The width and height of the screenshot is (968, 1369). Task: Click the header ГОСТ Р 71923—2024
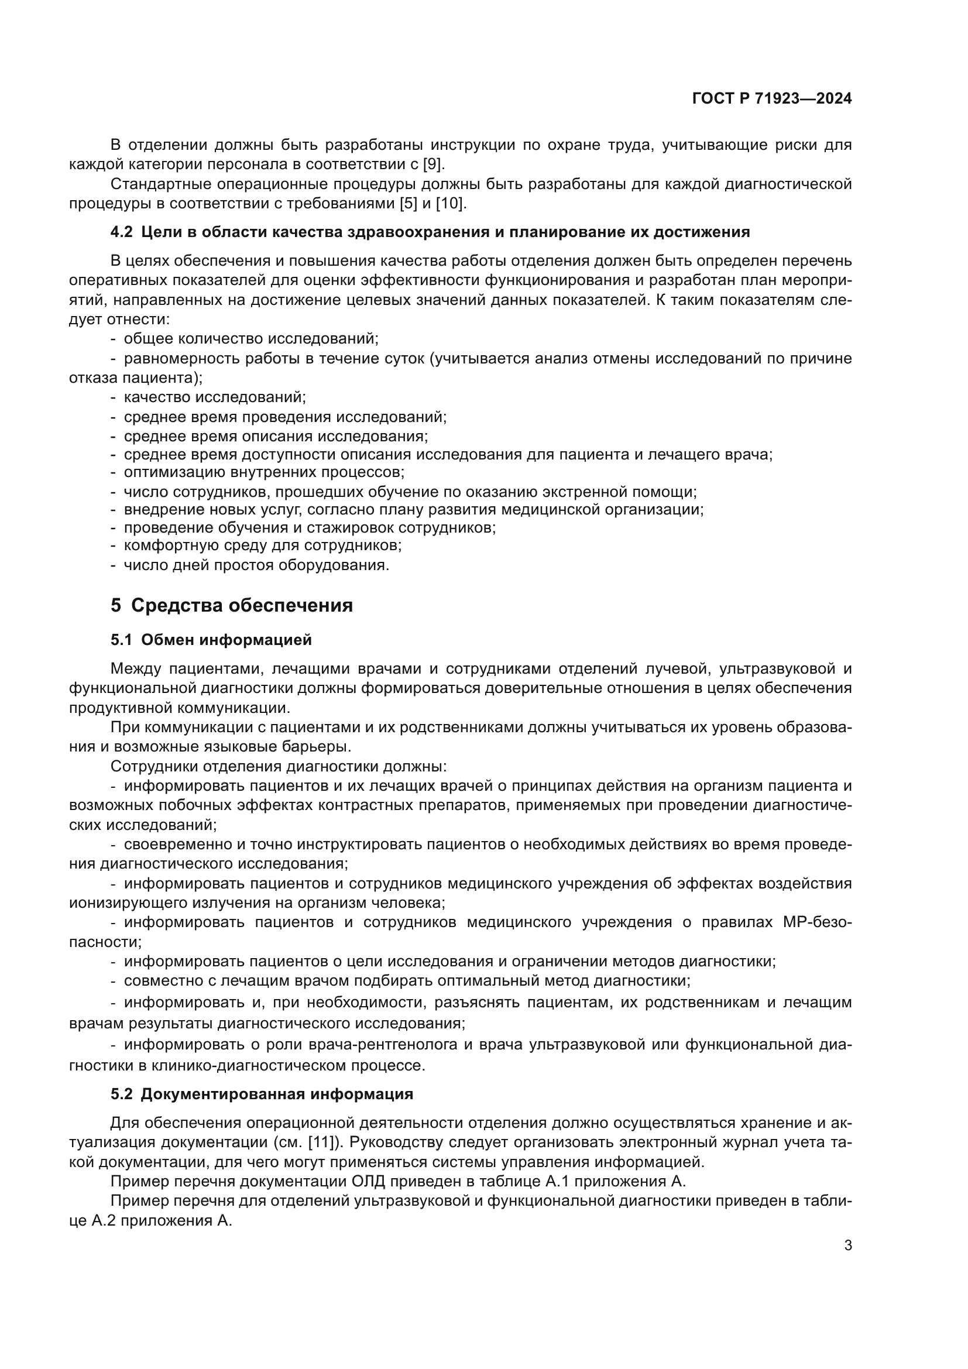[x=772, y=99]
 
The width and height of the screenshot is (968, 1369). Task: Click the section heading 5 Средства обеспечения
[x=231, y=605]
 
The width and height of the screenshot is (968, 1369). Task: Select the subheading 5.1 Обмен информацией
[x=211, y=640]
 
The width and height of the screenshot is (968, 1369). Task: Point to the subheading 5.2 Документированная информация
[x=262, y=1094]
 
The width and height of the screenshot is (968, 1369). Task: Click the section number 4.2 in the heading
[x=122, y=232]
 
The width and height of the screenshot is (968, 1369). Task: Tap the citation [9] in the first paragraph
[x=432, y=164]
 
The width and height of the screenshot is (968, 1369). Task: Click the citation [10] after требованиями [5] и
[x=450, y=203]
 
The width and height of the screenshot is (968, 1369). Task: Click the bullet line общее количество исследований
[x=250, y=339]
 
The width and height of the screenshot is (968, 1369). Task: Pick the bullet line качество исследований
[x=214, y=396]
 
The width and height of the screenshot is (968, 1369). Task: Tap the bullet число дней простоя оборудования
[x=256, y=565]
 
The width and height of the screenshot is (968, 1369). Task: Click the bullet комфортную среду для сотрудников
[x=262, y=545]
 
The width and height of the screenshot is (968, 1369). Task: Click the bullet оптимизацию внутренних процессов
[x=264, y=472]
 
